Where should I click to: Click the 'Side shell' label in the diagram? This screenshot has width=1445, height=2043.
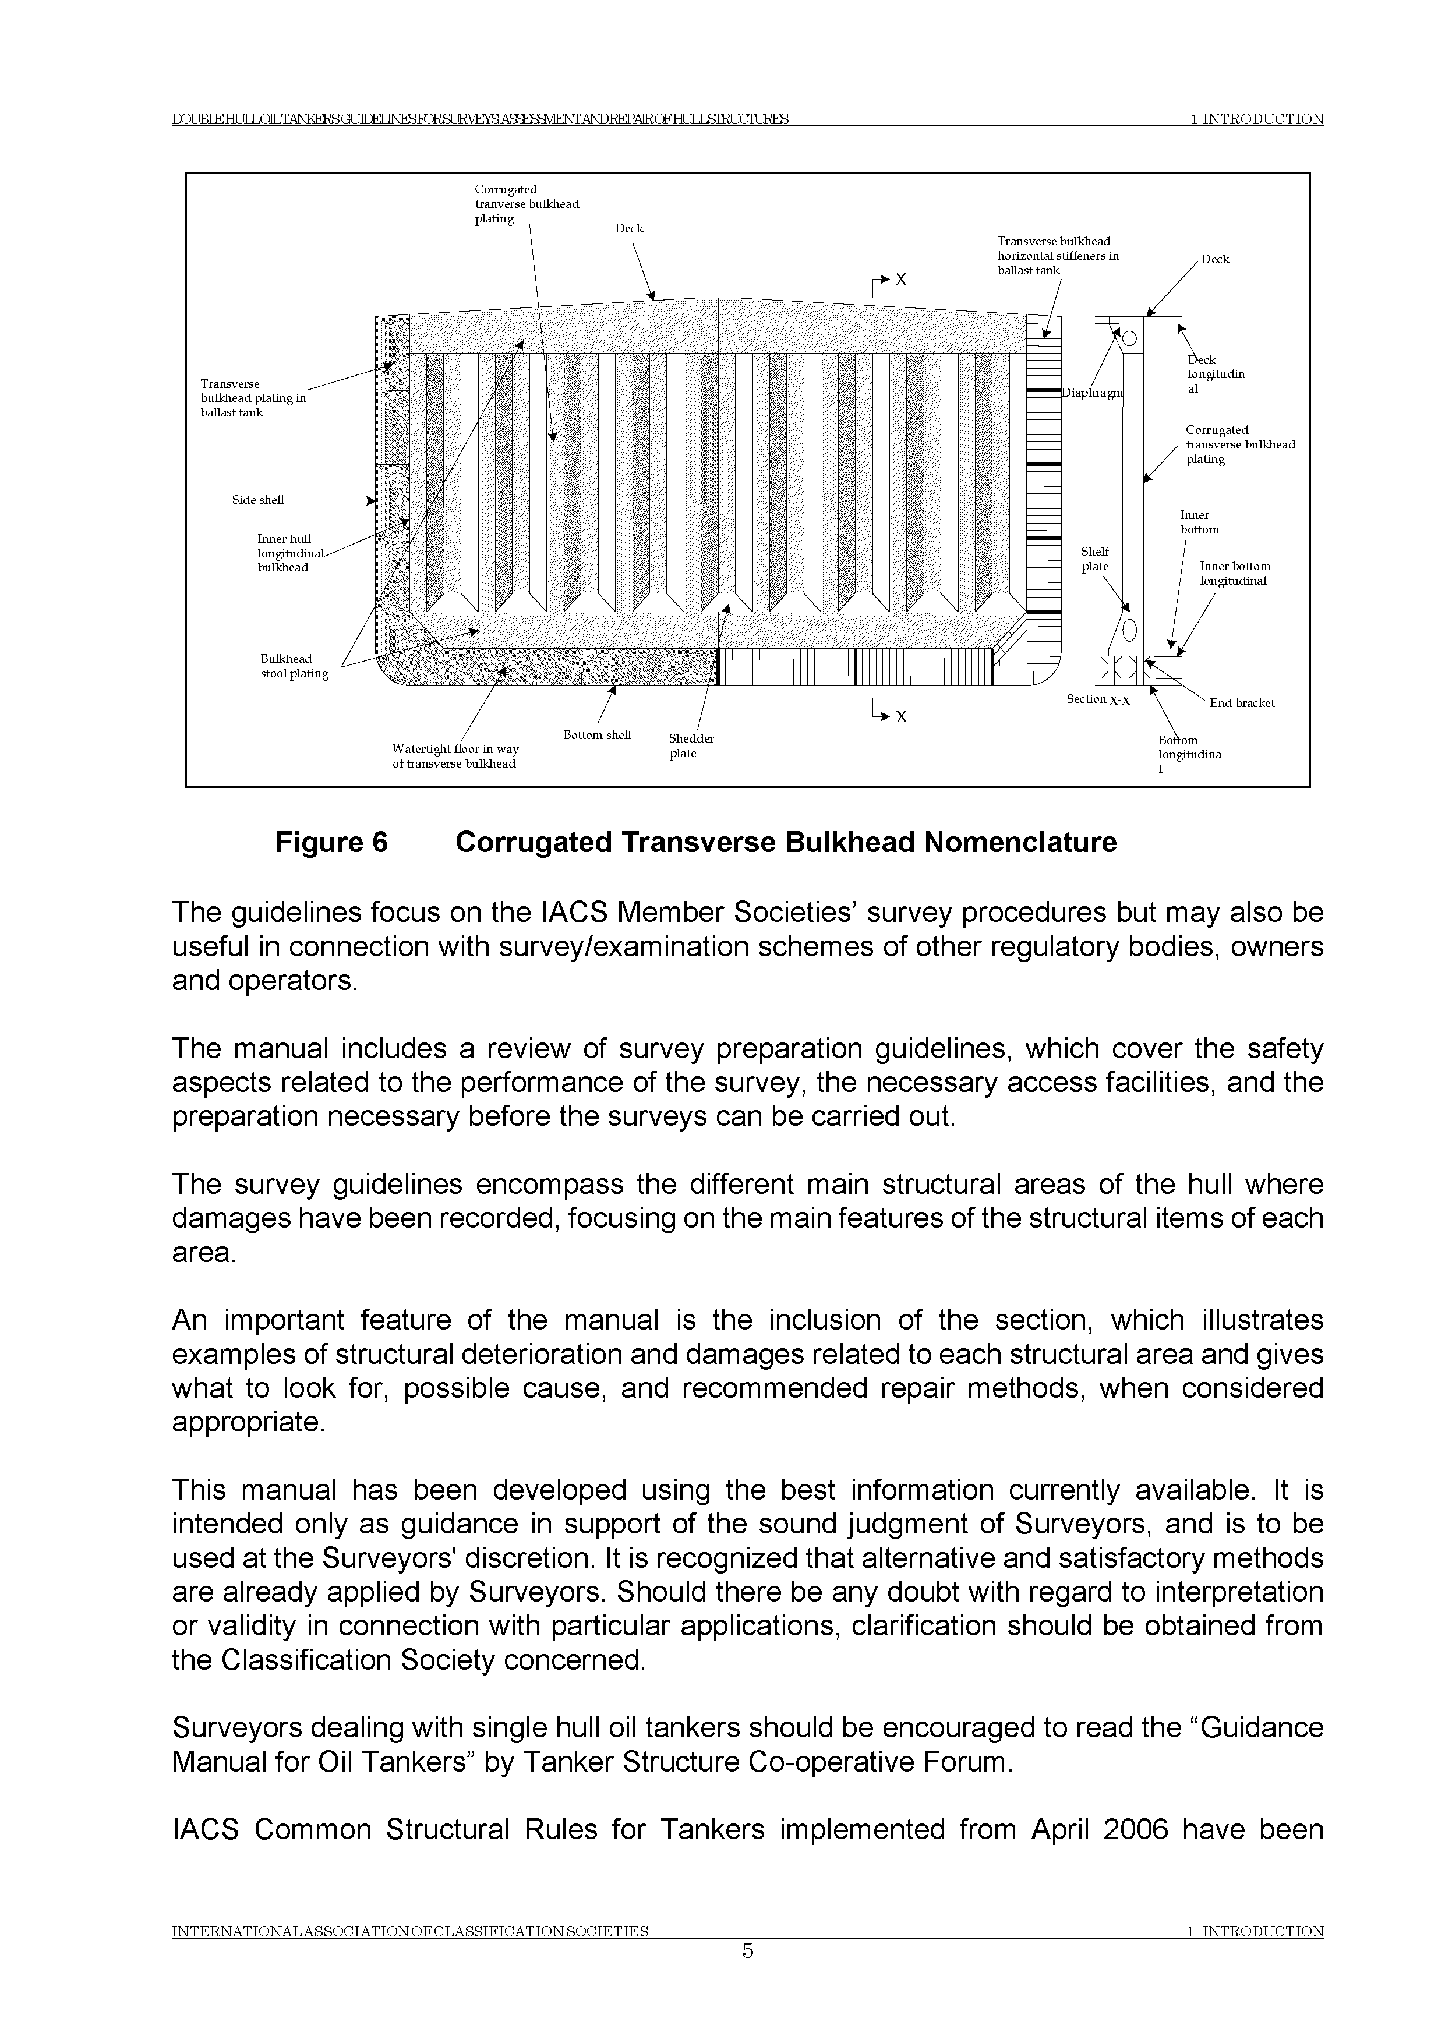258,500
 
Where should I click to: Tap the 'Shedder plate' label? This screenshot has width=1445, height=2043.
691,745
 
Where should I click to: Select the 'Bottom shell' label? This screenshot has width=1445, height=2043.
597,735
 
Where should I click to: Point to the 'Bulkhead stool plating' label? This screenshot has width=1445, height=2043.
294,666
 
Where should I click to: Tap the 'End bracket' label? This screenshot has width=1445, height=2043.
1241,703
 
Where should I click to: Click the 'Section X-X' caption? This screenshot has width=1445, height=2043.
1098,699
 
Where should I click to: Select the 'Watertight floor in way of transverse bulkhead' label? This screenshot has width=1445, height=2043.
455,757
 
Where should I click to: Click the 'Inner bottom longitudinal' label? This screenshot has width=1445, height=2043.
1234,573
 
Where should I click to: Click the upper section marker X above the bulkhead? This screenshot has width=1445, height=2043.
900,280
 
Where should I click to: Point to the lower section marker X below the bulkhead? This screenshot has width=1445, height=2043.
900,716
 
